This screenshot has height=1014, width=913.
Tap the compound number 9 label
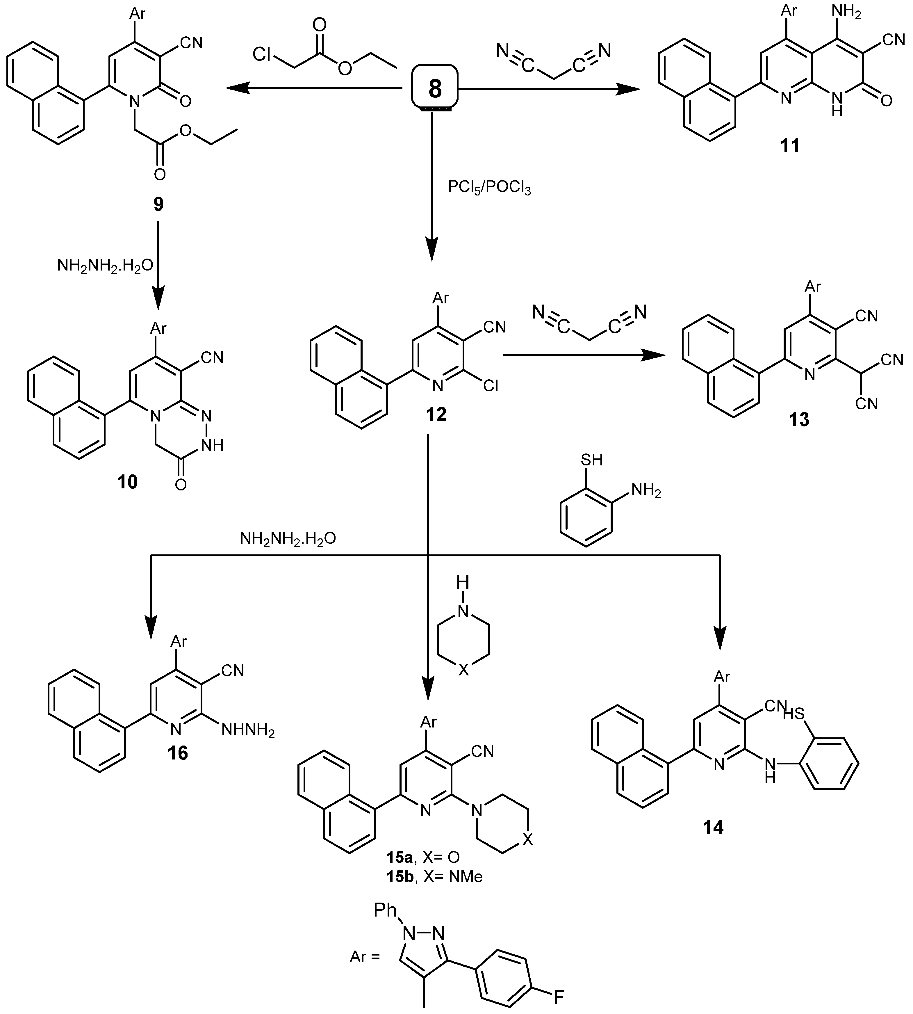[158, 204]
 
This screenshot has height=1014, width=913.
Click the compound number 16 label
[178, 753]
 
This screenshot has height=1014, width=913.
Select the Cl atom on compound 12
[490, 385]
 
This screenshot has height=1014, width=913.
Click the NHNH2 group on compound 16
[248, 730]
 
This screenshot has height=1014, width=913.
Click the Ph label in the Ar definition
[385, 910]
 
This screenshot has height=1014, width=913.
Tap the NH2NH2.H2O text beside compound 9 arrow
[105, 265]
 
